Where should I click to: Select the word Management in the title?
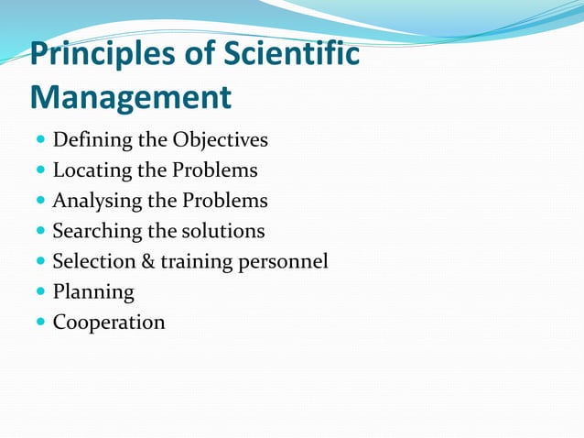[131, 95]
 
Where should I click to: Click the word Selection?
[93, 262]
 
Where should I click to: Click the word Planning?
[93, 293]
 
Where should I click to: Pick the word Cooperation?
[109, 323]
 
